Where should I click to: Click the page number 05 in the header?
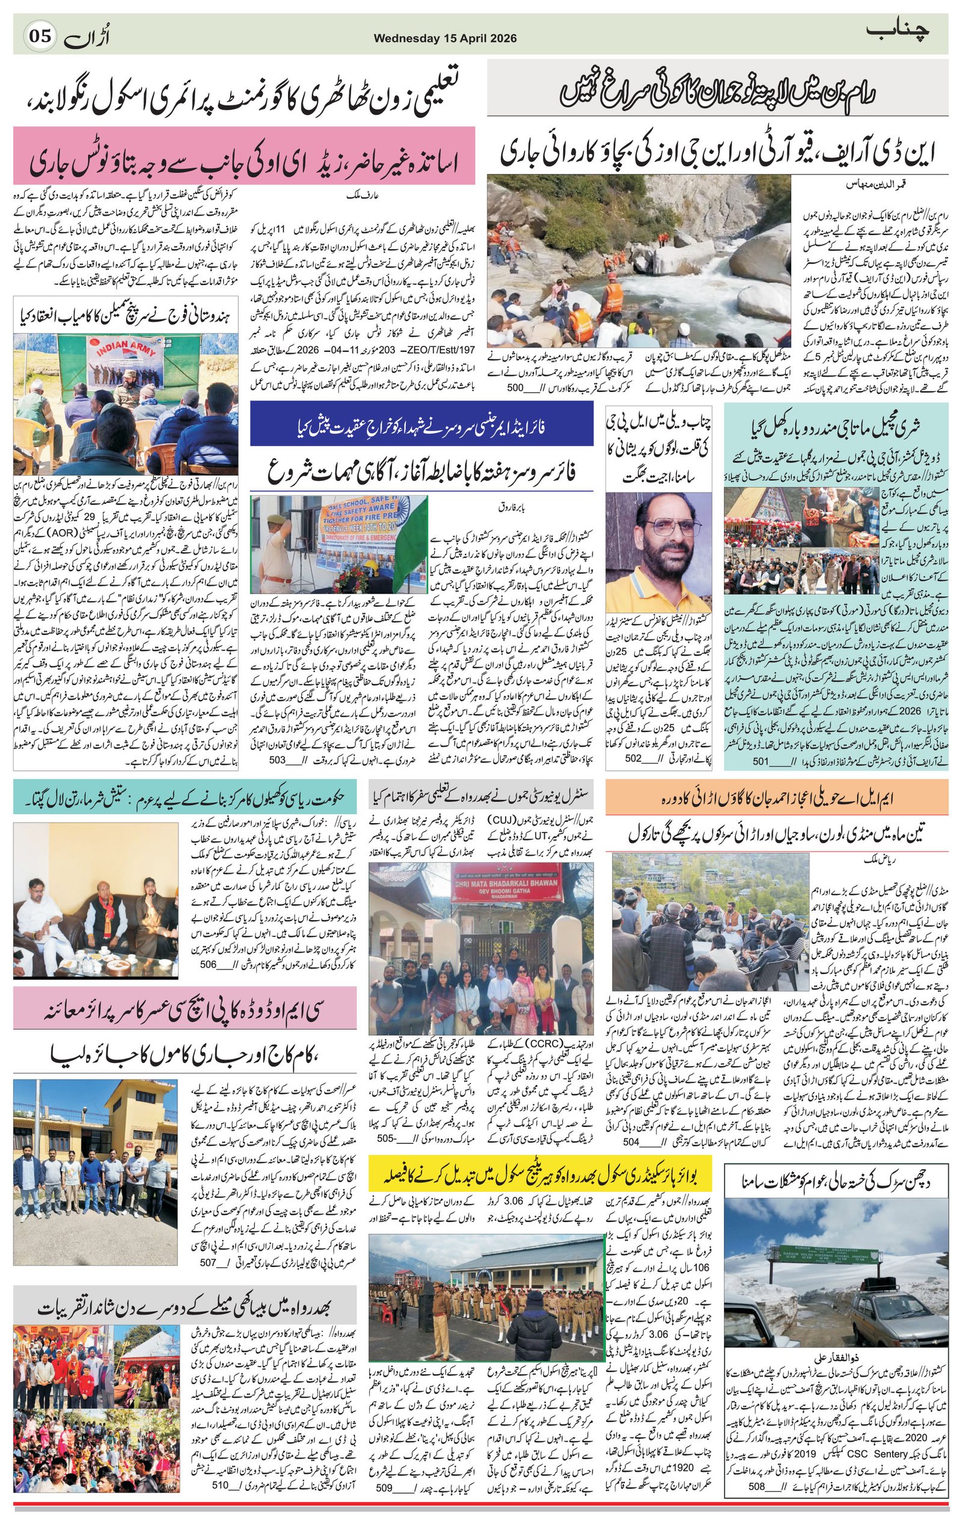tap(40, 37)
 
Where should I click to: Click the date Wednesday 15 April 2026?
tap(445, 38)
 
